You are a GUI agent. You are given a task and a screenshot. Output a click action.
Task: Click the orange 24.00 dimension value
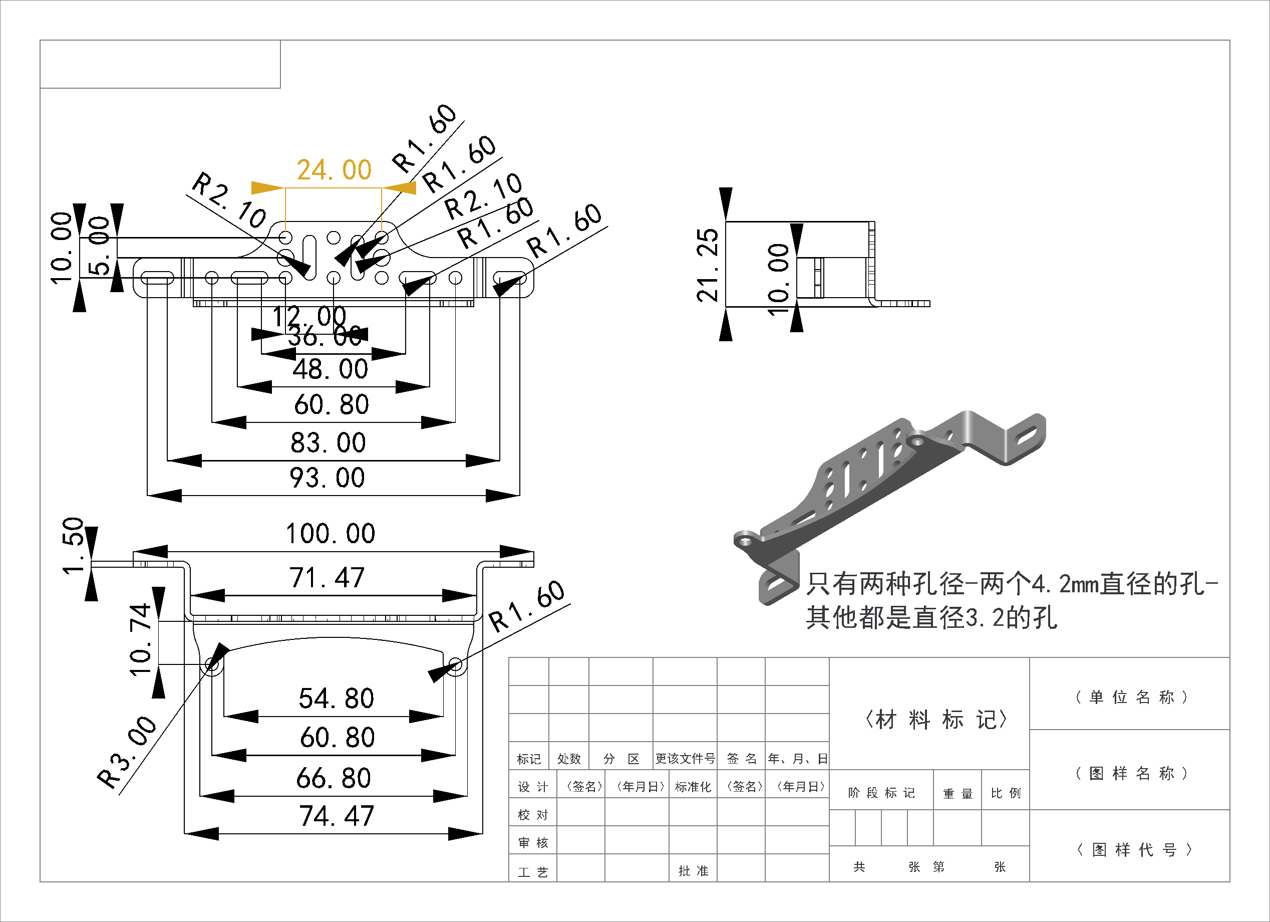(x=335, y=170)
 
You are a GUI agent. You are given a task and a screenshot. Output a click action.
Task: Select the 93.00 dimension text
(x=327, y=479)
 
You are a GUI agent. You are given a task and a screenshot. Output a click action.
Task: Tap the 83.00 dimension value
(x=328, y=443)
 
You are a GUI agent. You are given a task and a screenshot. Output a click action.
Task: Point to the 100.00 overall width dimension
(x=331, y=534)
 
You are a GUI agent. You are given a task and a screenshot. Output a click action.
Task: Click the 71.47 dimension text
(x=327, y=578)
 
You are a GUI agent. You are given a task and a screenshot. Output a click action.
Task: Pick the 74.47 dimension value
(x=336, y=816)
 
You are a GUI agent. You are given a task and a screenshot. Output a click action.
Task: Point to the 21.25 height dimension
(x=707, y=265)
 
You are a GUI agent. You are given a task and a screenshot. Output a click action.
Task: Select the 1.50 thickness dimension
(x=73, y=546)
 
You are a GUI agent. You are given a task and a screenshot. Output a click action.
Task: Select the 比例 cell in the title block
(x=1006, y=793)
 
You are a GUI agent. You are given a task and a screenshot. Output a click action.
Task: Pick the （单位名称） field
(x=1132, y=698)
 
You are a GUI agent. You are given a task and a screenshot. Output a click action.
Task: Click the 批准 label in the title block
(x=693, y=871)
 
